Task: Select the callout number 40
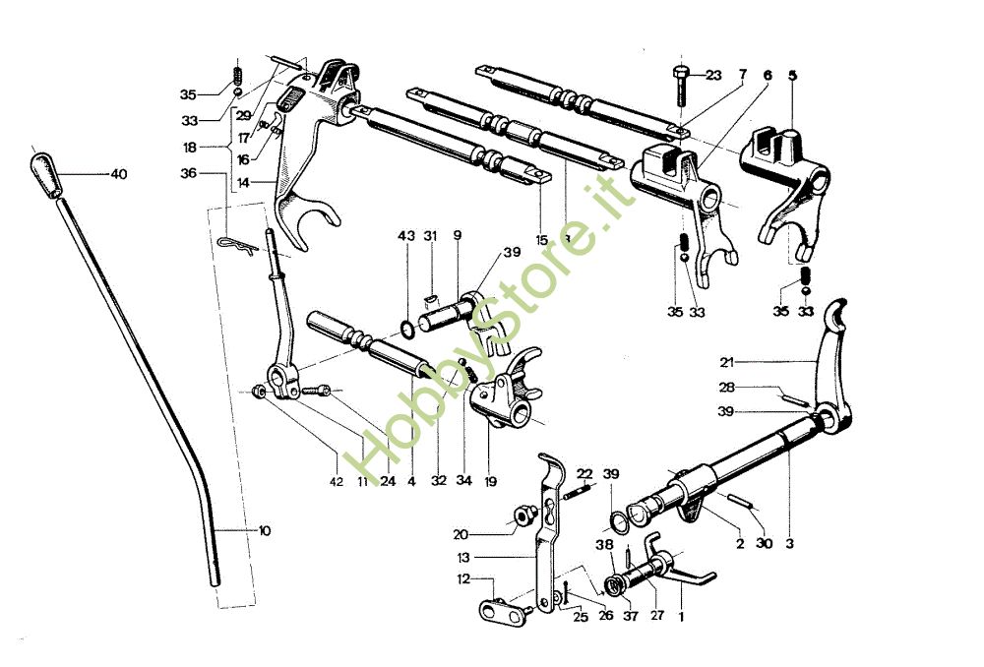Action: pos(119,174)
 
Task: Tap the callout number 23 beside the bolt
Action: pos(713,75)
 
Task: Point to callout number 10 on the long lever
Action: pos(265,530)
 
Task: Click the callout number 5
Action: pos(793,74)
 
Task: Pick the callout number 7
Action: pos(743,74)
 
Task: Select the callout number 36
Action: pos(188,173)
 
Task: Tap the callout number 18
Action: pos(188,147)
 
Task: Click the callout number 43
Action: pos(406,236)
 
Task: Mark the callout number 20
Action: pos(461,534)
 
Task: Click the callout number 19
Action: pos(490,481)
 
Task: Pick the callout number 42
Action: pos(337,481)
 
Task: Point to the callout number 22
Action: pos(584,473)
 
